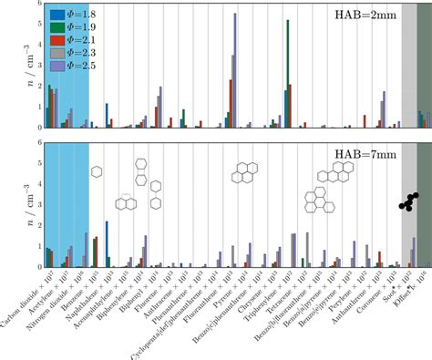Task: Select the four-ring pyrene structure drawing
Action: (x=246, y=171)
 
